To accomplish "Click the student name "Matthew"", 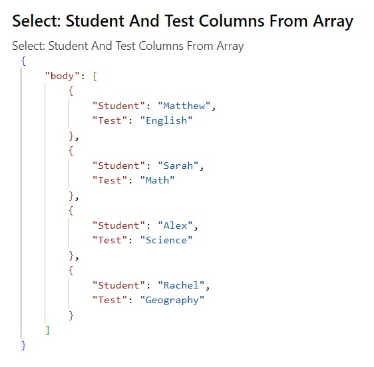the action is pyautogui.click(x=184, y=106).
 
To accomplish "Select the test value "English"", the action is pyautogui.click(x=166, y=121).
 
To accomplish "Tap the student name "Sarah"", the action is pyautogui.click(x=178, y=166).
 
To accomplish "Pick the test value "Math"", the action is pyautogui.click(x=158, y=180).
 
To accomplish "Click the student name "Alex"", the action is pyautogui.click(x=175, y=225).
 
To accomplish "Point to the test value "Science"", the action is pyautogui.click(x=166, y=240).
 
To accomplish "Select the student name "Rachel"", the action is pyautogui.click(x=181, y=285).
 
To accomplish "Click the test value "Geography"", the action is pyautogui.click(x=172, y=301).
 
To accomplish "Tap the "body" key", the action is pyautogui.click(x=62, y=76).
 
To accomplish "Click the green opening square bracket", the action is pyautogui.click(x=95, y=76).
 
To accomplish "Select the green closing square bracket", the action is pyautogui.click(x=47, y=330).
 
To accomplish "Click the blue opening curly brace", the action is pyautogui.click(x=23, y=61).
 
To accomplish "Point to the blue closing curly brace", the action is pyautogui.click(x=23, y=345).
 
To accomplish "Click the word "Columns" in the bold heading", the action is pyautogui.click(x=232, y=21).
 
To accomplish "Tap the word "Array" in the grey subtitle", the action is pyautogui.click(x=230, y=47).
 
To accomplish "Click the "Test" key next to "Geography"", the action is pyautogui.click(x=110, y=300).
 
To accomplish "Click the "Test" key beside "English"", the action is pyautogui.click(x=110, y=120).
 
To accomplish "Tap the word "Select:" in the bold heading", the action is pyautogui.click(x=37, y=21).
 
